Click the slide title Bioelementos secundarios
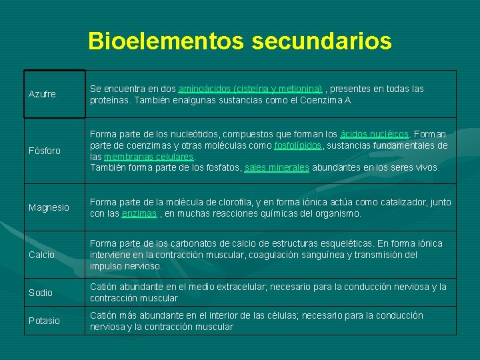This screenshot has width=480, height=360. tap(240, 41)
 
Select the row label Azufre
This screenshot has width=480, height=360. tap(42, 95)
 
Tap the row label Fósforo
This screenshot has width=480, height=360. tap(45, 151)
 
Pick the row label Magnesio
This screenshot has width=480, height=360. tap(49, 208)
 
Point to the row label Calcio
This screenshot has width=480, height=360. tap(41, 255)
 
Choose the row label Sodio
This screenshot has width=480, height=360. tap(41, 293)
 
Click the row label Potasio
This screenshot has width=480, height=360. tap(44, 321)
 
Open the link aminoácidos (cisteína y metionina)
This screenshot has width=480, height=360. tap(250, 89)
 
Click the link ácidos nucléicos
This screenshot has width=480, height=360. tap(375, 135)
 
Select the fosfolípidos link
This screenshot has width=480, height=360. tap(299, 145)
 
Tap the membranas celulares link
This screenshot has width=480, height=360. tap(149, 157)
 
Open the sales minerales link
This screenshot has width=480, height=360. tap(277, 168)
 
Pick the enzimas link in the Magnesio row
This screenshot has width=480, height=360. tap(139, 214)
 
